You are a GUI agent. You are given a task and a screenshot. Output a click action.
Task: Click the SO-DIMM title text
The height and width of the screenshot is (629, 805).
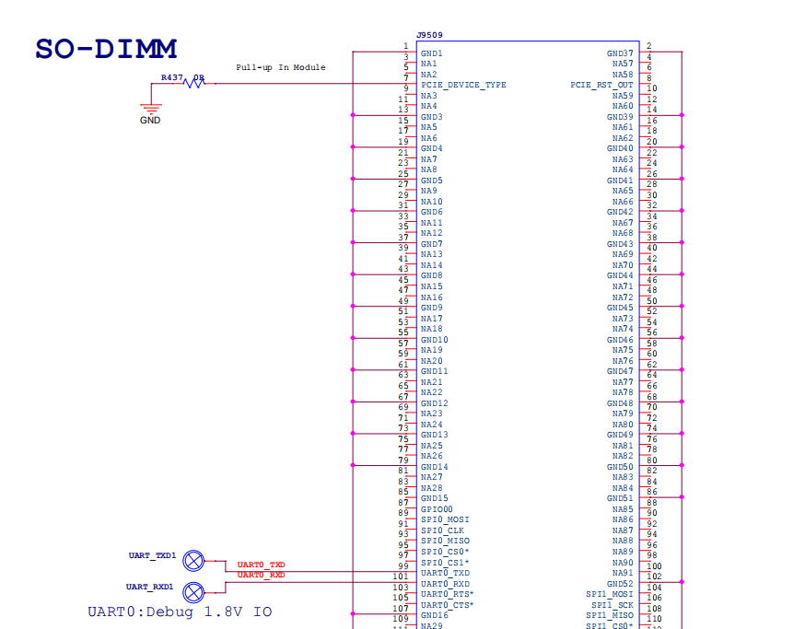(106, 50)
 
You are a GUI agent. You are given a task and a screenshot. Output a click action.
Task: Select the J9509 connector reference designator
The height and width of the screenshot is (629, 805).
(429, 35)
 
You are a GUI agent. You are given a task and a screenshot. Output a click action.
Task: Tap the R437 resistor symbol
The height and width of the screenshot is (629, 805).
(194, 82)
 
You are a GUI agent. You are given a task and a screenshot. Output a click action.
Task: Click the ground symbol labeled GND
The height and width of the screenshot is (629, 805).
(150, 109)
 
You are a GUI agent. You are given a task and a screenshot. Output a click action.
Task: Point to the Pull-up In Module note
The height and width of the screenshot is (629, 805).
(281, 67)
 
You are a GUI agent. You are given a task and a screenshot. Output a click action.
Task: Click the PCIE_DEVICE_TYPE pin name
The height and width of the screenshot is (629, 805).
(463, 85)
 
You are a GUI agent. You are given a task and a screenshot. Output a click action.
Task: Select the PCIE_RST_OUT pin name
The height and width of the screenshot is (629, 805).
(601, 85)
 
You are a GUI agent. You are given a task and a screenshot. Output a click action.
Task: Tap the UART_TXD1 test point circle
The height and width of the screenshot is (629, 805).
(193, 561)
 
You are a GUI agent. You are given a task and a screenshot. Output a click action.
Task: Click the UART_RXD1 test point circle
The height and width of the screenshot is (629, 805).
(193, 592)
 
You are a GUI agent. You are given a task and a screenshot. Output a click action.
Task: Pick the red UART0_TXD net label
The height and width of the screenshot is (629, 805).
(261, 565)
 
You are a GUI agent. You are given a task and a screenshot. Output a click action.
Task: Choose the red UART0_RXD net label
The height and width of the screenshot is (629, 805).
(261, 575)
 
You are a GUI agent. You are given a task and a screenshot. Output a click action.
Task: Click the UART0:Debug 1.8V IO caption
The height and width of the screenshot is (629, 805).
(180, 612)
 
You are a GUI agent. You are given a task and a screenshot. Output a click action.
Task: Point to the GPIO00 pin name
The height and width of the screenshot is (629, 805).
(437, 509)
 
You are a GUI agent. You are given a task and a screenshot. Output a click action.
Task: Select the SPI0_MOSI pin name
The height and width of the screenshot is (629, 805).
(445, 519)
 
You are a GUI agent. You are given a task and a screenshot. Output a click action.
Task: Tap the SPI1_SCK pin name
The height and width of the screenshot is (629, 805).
(612, 605)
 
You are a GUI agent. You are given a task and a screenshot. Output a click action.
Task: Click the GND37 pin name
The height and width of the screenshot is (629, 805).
(620, 53)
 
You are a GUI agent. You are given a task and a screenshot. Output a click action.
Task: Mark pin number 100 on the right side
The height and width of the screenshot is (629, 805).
(654, 565)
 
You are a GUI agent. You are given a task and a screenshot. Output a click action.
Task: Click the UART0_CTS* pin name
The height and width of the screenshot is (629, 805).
(447, 605)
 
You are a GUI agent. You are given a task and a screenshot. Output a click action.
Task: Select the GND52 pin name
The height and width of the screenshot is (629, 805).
(620, 584)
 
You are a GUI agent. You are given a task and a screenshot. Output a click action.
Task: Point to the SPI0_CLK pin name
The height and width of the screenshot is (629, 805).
(442, 530)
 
